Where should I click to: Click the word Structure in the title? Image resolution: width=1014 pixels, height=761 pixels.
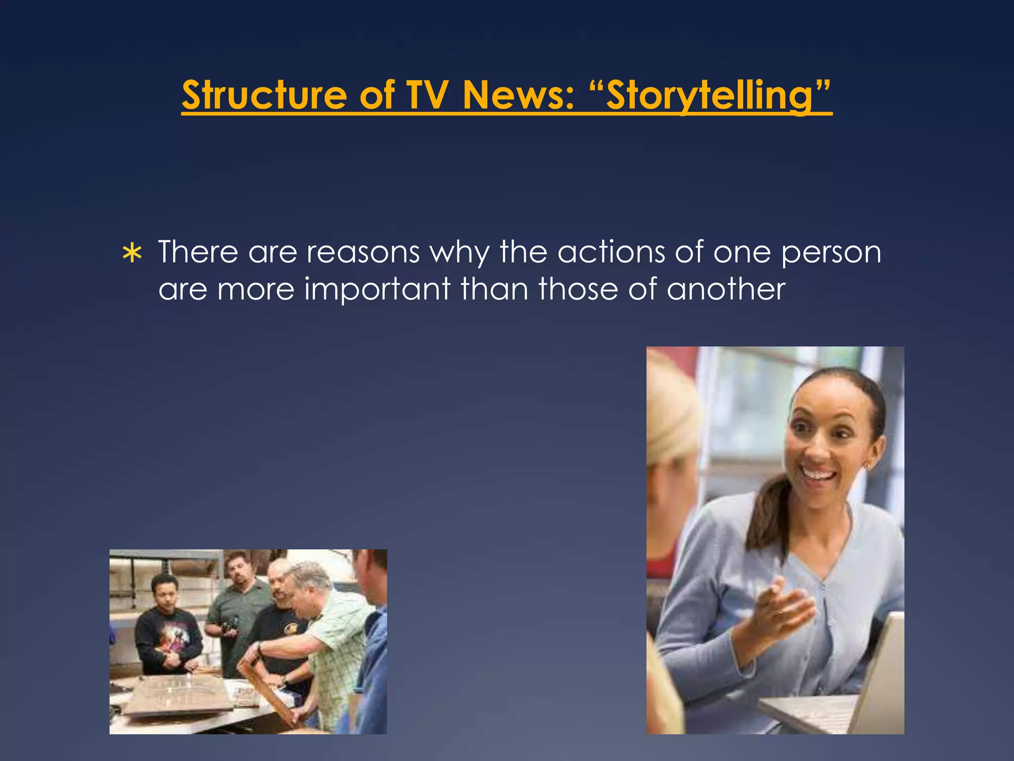pyautogui.click(x=264, y=95)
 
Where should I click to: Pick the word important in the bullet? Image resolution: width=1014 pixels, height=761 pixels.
pyautogui.click(x=377, y=289)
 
